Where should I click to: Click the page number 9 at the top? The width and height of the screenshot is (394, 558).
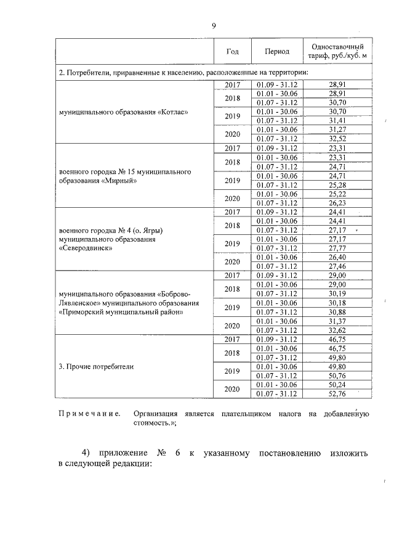(213, 25)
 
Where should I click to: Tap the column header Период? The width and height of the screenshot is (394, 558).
(277, 52)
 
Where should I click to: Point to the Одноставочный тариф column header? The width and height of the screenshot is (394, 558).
(337, 52)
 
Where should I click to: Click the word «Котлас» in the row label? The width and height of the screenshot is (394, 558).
(167, 112)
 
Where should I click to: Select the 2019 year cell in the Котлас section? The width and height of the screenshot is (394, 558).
(232, 117)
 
